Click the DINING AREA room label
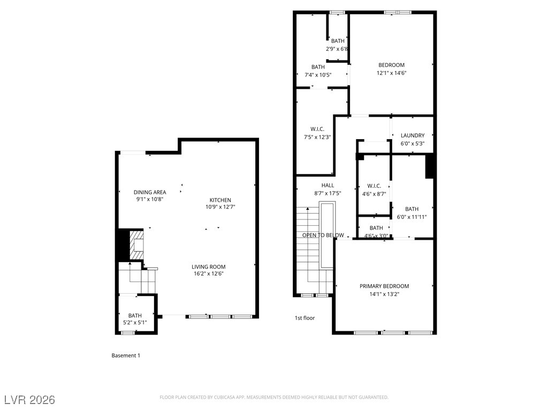(150, 192)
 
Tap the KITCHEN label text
(220, 200)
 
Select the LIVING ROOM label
(208, 267)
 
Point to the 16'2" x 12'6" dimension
(208, 273)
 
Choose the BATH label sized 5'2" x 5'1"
(135, 316)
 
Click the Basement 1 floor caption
(126, 355)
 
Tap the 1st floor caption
(305, 318)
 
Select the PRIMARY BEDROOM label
(384, 286)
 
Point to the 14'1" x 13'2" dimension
(384, 294)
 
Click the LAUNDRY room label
(413, 135)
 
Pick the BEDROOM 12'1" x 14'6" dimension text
(391, 73)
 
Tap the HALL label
(328, 185)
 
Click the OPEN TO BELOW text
(323, 235)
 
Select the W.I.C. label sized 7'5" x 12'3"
(317, 129)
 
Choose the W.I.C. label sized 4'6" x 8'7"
(374, 186)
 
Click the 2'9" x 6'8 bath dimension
(337, 49)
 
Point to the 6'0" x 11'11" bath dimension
(412, 217)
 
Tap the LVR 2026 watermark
(30, 400)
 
